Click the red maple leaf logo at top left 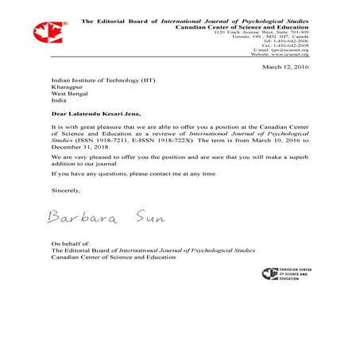coord(45,33)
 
